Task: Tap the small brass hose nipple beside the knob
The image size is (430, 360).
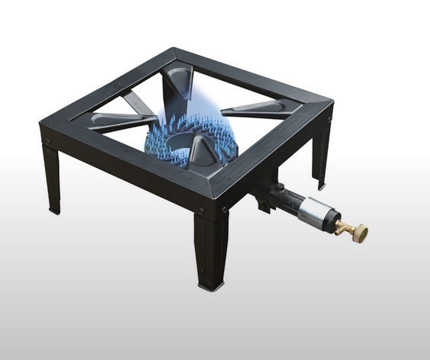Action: (345, 226)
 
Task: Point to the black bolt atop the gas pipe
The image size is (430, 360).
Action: (280, 187)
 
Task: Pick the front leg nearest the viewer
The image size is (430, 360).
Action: (210, 248)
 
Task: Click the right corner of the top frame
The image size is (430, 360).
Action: (329, 102)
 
